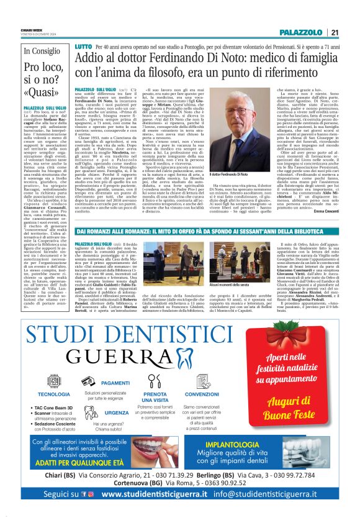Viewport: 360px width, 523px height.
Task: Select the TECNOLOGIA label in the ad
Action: point(53,394)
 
